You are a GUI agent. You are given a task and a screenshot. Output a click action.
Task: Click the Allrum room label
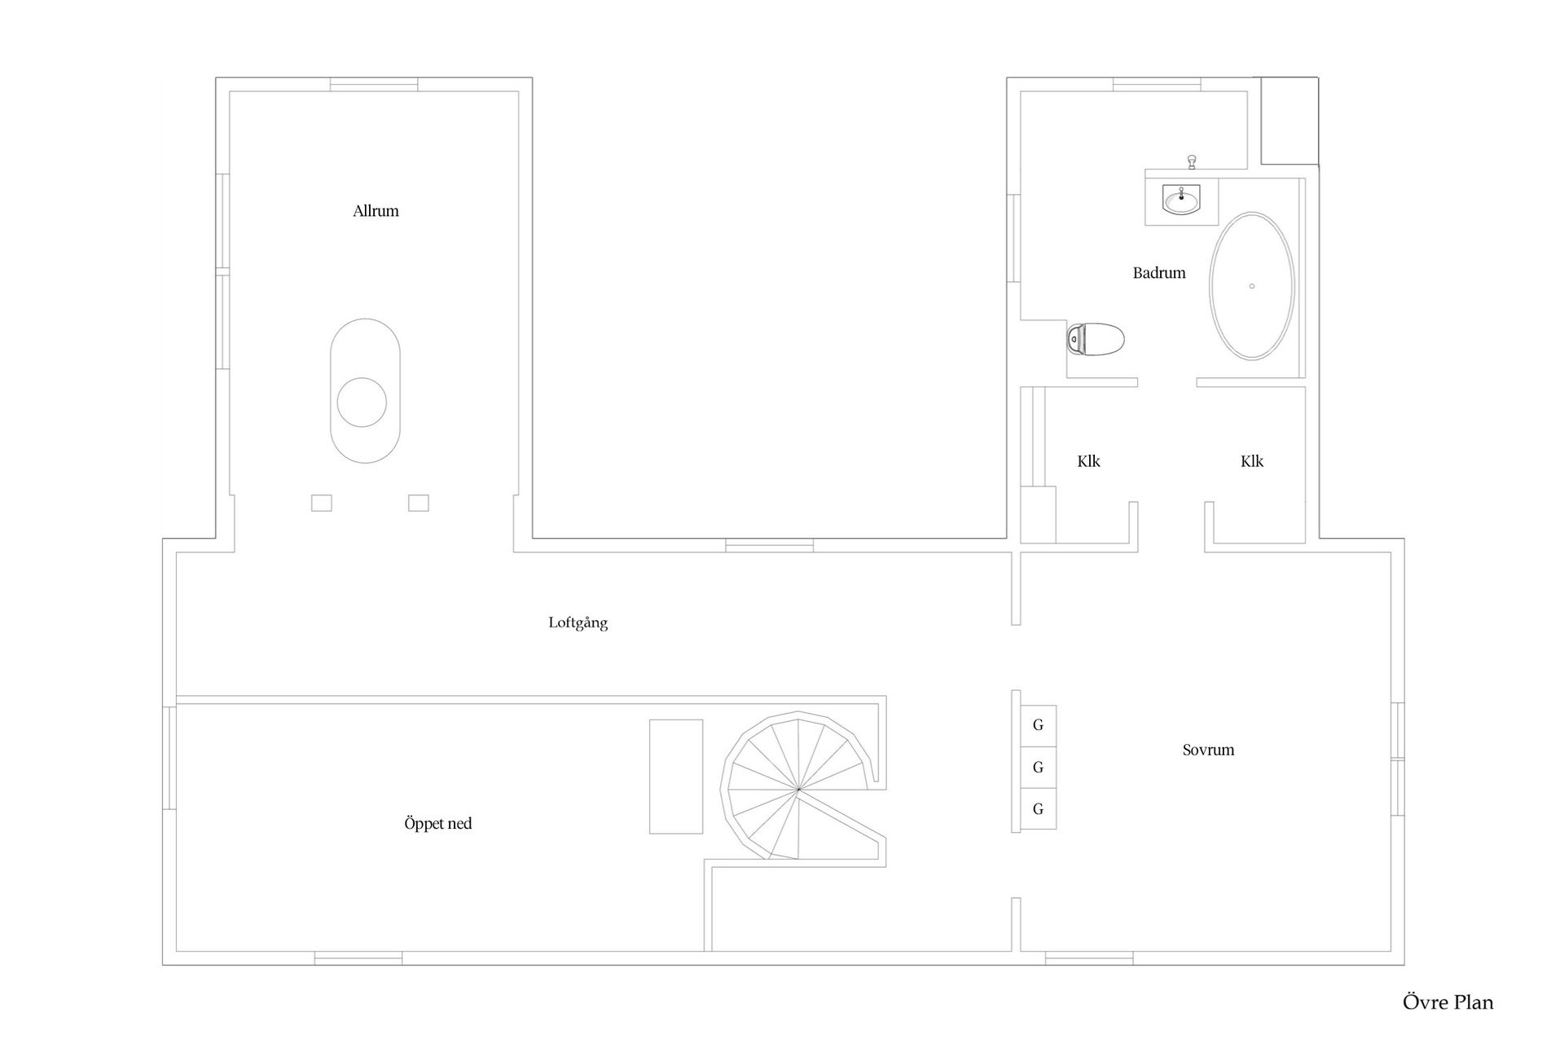tap(376, 211)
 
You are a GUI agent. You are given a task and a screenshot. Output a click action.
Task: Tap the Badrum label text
tap(1159, 273)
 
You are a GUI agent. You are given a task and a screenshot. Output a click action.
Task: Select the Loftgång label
tap(578, 623)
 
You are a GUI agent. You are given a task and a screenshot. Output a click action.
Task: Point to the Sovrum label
tap(1208, 750)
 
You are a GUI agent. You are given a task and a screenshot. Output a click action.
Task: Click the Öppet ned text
tap(438, 824)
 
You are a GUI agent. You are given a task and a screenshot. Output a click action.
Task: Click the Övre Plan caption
tap(1448, 1002)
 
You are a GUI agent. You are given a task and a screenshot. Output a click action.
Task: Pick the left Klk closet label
tap(1088, 461)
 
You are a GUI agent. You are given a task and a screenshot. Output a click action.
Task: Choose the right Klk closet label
tap(1252, 461)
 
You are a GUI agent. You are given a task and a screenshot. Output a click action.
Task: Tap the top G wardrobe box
tap(1038, 726)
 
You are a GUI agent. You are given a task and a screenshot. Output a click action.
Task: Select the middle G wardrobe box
tap(1038, 768)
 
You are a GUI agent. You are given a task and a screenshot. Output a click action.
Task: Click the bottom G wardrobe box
tap(1038, 809)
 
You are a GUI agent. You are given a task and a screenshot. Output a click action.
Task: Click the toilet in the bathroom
tap(1096, 338)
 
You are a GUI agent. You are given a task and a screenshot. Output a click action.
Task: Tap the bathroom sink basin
tap(1181, 199)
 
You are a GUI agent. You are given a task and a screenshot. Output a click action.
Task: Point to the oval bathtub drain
tap(1252, 286)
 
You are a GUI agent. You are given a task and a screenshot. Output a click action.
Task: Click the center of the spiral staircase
tap(799, 790)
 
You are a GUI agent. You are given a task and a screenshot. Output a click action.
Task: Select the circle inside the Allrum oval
tap(362, 403)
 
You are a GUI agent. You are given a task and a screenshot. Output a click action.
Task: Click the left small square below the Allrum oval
tap(322, 503)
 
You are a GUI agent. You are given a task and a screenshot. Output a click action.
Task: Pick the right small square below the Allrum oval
tap(419, 503)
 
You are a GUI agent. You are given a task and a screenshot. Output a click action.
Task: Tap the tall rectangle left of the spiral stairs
tap(676, 777)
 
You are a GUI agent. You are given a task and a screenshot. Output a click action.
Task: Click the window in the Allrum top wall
tap(374, 84)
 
